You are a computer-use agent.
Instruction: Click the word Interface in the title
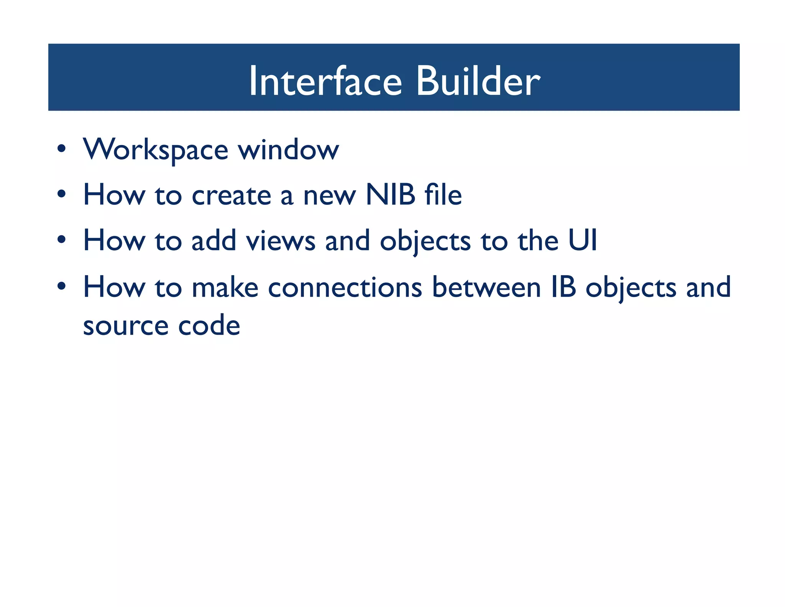(325, 81)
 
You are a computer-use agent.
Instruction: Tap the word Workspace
(156, 150)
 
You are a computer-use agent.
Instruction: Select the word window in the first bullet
(289, 150)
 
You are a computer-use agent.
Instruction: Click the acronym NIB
(390, 195)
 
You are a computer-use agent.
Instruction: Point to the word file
(443, 195)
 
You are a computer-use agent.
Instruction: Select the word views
(281, 241)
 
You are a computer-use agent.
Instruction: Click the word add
(213, 241)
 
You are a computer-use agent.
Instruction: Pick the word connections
(345, 287)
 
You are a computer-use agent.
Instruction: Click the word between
(486, 287)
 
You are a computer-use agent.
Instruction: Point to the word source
(126, 326)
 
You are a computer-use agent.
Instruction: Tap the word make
(225, 287)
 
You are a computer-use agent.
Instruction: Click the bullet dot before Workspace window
(61, 149)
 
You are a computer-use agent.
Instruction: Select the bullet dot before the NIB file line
(61, 194)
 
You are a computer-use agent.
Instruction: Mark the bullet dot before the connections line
(61, 286)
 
